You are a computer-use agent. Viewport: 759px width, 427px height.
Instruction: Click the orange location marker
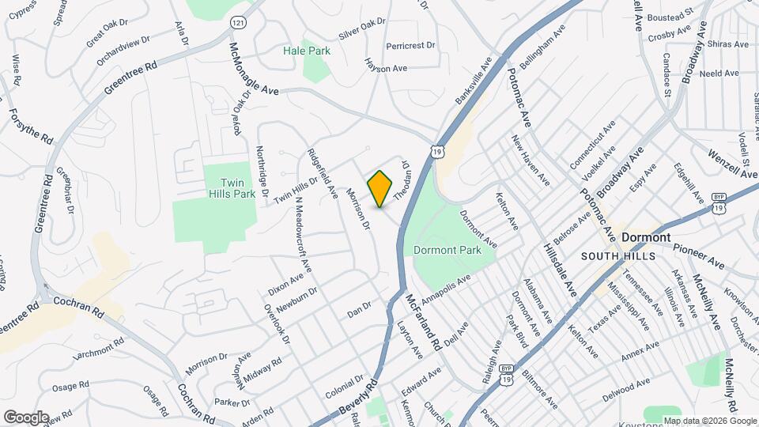(x=380, y=188)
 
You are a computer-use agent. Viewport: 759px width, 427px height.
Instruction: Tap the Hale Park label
(x=307, y=51)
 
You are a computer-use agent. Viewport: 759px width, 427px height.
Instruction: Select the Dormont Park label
(x=447, y=250)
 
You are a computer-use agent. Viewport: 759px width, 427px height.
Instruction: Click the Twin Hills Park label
(x=226, y=187)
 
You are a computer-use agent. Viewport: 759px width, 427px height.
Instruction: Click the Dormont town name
(x=646, y=237)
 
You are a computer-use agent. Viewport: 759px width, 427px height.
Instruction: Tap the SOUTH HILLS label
(x=618, y=257)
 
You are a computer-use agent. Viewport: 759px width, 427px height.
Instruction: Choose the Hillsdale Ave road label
(x=561, y=270)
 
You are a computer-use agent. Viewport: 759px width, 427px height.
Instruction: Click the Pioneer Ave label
(x=699, y=255)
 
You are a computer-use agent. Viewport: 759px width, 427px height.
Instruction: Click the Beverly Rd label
(x=360, y=399)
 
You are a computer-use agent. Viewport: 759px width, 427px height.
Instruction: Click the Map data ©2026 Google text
(x=709, y=421)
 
